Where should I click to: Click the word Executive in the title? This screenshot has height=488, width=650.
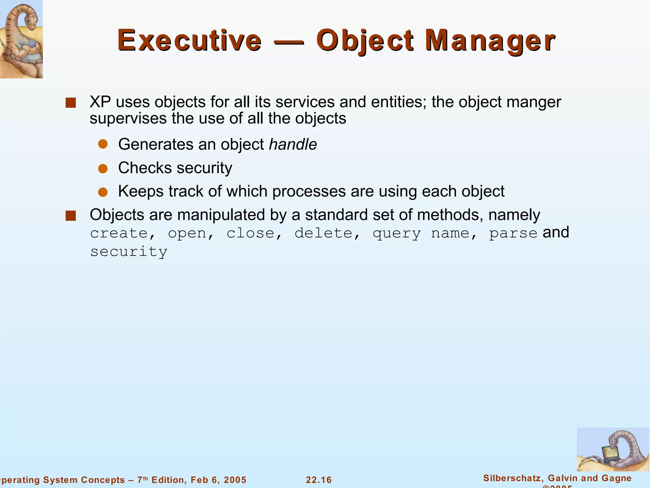(189, 41)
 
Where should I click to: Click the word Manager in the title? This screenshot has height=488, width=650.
(490, 41)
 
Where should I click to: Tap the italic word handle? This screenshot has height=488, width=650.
(293, 145)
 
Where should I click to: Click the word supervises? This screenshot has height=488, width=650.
(128, 119)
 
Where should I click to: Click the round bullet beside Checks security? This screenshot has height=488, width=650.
(103, 168)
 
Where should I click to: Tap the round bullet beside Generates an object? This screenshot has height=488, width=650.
(103, 145)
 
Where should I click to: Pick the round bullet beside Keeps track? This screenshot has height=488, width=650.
(103, 192)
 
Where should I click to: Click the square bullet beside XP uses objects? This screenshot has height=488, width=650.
(70, 103)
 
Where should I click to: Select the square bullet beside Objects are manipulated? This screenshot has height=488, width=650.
(70, 216)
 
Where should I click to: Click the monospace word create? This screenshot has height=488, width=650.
(119, 234)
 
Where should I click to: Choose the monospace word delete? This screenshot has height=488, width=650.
(323, 234)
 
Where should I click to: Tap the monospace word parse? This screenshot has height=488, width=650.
(513, 234)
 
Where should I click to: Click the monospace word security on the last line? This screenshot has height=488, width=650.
(129, 252)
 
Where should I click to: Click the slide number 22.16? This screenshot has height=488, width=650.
(319, 480)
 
